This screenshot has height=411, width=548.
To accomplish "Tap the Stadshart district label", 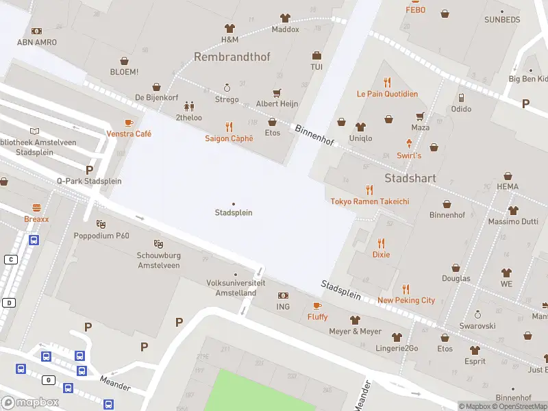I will click(x=410, y=178).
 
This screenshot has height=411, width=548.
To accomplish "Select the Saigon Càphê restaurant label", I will click(x=229, y=138).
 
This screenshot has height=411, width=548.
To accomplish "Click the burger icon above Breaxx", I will click(x=36, y=207).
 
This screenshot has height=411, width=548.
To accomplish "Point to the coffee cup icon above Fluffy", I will click(x=317, y=306).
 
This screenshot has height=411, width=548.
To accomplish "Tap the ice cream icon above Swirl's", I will click(x=410, y=144).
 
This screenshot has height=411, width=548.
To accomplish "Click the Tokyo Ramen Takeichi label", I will click(x=370, y=201).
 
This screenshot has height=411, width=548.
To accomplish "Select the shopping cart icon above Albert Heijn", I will click(x=277, y=92).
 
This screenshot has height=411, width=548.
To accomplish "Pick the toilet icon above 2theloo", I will click(x=189, y=106).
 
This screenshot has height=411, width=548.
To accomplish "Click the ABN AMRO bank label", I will click(x=37, y=42).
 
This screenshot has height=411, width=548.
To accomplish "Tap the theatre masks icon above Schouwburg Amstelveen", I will click(x=158, y=243).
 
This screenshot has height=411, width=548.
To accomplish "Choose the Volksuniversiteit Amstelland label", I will click(x=232, y=288).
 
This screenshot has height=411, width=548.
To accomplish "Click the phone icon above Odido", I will click(x=461, y=98).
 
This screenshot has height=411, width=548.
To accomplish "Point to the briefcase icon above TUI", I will click(x=316, y=55).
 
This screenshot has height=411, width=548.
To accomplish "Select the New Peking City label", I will click(x=406, y=300).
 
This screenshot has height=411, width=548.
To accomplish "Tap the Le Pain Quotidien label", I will click(x=387, y=94).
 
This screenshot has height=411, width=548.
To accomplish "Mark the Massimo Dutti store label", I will click(x=512, y=222).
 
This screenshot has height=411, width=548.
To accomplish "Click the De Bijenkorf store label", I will click(x=156, y=98).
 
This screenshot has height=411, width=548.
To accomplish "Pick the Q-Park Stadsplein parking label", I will click(x=89, y=181).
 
